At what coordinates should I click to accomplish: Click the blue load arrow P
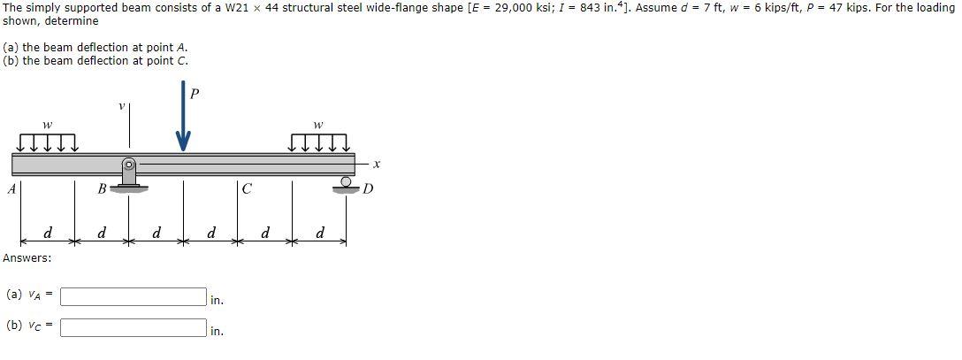pos(183,124)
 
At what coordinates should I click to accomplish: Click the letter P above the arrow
pos(195,93)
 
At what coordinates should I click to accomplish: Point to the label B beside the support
pos(101,188)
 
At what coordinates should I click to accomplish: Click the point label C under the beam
pos(248,188)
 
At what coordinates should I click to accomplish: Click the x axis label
pos(376,164)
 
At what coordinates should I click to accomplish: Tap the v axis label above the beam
pos(121,106)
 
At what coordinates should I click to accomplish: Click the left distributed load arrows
pos(47,142)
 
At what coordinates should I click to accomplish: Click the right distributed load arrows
pos(320,142)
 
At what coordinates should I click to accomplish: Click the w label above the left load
pos(47,123)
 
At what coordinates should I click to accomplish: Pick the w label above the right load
pos(319,123)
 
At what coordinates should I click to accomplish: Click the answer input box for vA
pos(134,296)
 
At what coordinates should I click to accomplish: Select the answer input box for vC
pos(134,327)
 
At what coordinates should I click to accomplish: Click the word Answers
pos(27,258)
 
